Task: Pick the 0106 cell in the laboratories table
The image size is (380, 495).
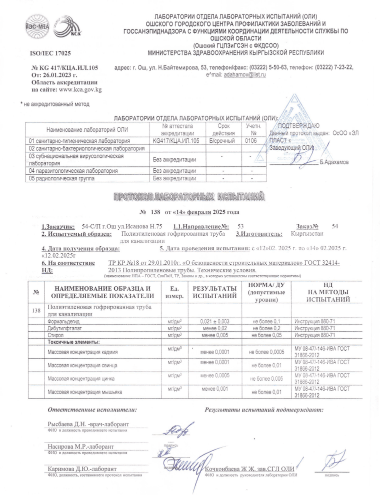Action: (x=251, y=141)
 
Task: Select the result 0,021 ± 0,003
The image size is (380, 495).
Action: (x=213, y=322)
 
